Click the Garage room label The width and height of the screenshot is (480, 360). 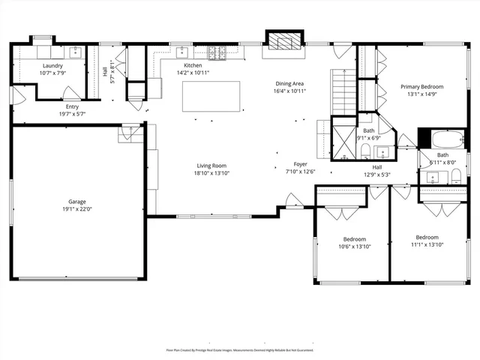click(x=77, y=202)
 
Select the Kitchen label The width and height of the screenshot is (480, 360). click(x=193, y=65)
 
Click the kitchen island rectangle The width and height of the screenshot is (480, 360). click(x=211, y=96)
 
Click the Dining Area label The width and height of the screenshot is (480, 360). click(x=289, y=83)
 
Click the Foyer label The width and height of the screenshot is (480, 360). click(x=300, y=163)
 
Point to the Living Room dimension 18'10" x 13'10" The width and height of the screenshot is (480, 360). click(x=212, y=173)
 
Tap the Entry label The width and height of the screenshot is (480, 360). click(x=72, y=106)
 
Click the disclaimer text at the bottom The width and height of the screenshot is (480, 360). click(x=239, y=349)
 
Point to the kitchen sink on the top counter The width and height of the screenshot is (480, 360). click(x=182, y=52)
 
